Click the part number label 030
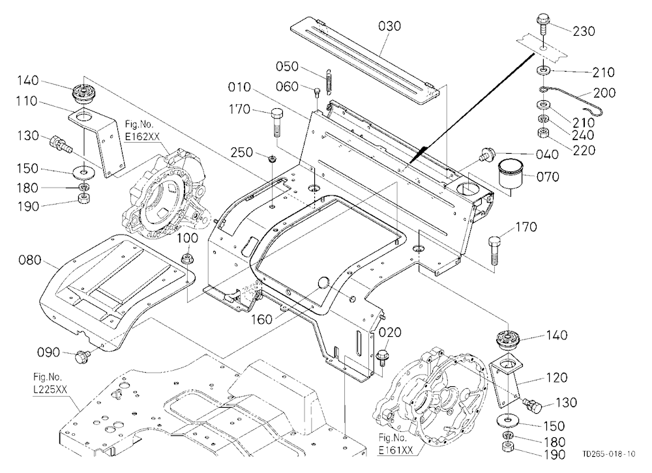(x=389, y=26)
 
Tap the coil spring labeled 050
(x=329, y=79)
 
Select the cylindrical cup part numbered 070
(x=510, y=173)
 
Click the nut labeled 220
(x=544, y=134)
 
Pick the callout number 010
(x=239, y=87)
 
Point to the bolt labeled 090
(x=81, y=356)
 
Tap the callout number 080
(x=30, y=260)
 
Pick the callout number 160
(x=261, y=320)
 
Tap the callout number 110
(x=26, y=101)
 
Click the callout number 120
(x=556, y=377)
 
